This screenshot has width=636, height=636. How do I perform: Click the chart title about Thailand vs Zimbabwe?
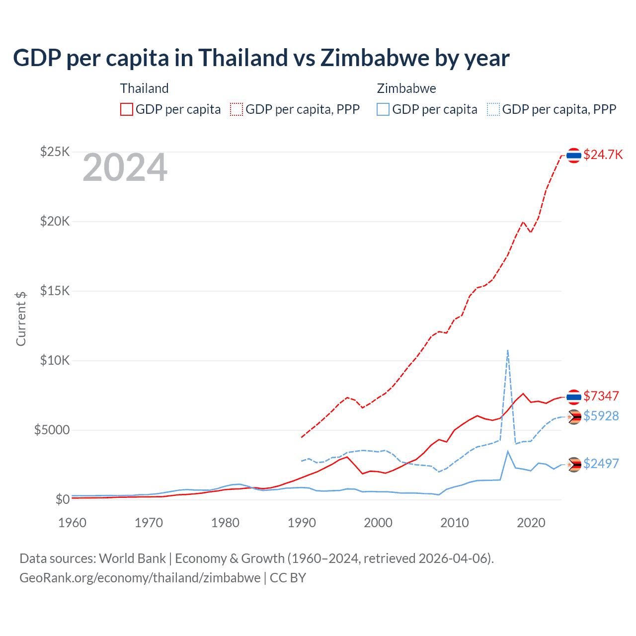(261, 58)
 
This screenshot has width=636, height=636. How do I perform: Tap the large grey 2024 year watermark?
(125, 168)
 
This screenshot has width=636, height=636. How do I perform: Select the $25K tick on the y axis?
(55, 152)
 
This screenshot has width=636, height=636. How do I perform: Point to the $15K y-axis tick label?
(55, 291)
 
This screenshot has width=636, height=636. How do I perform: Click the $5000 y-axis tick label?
(52, 430)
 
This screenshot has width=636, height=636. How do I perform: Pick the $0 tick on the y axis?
(62, 499)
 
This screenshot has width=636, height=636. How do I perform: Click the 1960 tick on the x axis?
(73, 523)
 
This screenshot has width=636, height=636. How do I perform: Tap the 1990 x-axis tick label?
(302, 523)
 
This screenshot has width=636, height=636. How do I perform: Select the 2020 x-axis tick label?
(531, 523)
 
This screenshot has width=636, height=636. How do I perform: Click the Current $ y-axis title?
(21, 318)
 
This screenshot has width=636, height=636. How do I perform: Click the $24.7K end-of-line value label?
(603, 155)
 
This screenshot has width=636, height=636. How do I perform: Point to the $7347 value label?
(601, 396)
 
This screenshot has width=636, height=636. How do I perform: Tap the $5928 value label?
(601, 416)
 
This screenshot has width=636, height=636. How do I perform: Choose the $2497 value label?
(601, 464)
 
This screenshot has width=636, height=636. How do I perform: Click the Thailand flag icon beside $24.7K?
(574, 156)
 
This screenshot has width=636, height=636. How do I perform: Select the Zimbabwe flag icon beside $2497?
(574, 465)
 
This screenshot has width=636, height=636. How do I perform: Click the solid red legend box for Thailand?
(127, 109)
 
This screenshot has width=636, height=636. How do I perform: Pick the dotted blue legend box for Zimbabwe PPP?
(493, 109)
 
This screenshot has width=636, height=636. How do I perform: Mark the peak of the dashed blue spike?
(507, 350)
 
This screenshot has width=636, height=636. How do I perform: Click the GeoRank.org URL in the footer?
(140, 578)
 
